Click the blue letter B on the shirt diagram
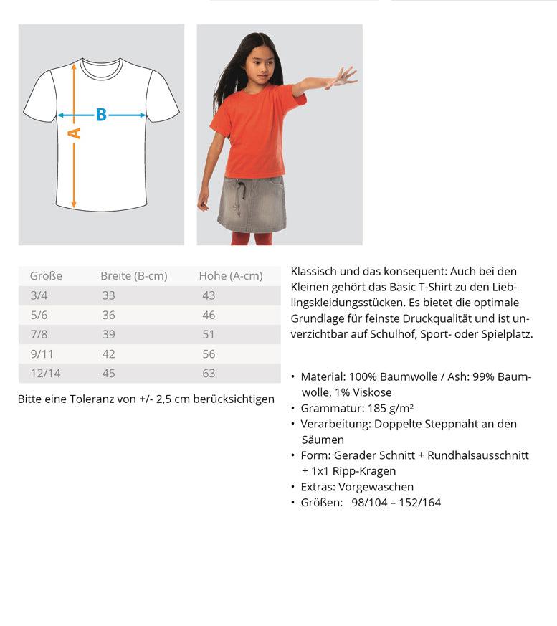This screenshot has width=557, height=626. tap(101, 115)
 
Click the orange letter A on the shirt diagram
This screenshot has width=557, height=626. tap(75, 133)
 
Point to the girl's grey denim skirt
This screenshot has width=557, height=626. tap(252, 204)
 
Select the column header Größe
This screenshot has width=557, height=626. tap(46, 276)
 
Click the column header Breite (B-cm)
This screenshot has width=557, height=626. tap(133, 276)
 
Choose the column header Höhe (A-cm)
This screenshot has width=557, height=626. tap(230, 276)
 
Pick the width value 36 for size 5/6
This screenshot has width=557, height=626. tap(108, 315)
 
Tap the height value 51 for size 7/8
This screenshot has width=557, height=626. tap(209, 334)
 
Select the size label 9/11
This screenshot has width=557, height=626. tap(42, 354)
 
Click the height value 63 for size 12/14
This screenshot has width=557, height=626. tap(209, 373)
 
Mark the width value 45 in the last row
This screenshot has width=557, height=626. tap(108, 373)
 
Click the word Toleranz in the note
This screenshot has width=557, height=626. tap(92, 399)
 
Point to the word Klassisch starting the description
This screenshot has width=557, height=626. tap(314, 271)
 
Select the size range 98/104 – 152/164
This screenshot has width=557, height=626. tap(396, 503)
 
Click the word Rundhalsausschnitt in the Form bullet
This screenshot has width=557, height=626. tap(478, 455)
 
